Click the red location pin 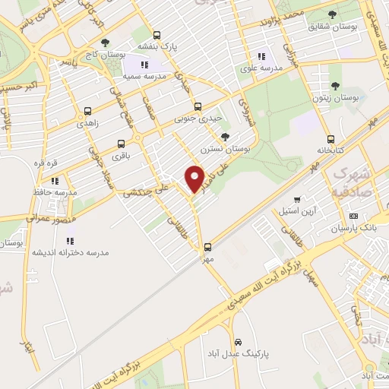(x=195, y=179)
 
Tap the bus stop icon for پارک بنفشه (x=157, y=35)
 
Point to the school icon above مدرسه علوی (x=262, y=56)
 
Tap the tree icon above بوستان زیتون (x=335, y=87)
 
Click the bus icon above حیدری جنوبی (x=198, y=107)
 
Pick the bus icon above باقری (x=121, y=144)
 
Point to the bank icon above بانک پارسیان (x=353, y=216)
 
